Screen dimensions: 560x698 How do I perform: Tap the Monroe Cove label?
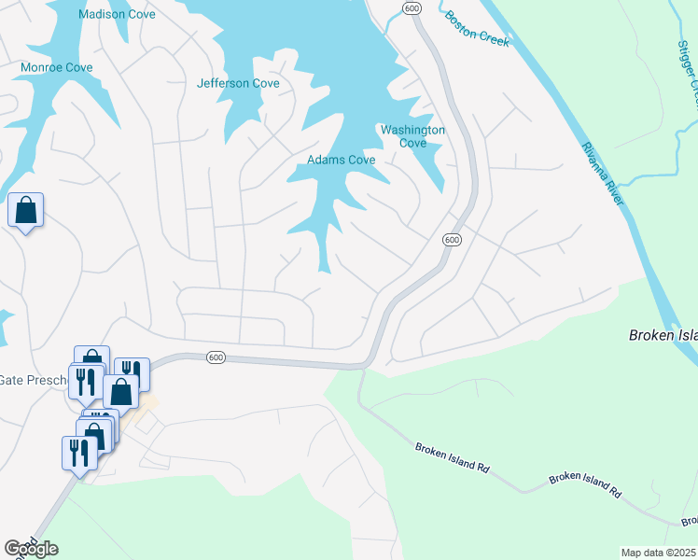click(57, 68)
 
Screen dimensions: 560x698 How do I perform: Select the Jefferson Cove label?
click(238, 83)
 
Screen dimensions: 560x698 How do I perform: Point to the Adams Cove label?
click(342, 161)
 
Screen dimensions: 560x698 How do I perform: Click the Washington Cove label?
click(412, 136)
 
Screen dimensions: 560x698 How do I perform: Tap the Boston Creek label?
click(477, 26)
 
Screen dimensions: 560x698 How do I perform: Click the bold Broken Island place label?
click(663, 335)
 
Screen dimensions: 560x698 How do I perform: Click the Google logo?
click(31, 549)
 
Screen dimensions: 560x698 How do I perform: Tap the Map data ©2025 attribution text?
click(659, 553)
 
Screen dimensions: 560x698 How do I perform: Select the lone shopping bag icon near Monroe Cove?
click(25, 211)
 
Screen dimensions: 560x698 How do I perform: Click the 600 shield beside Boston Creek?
click(412, 7)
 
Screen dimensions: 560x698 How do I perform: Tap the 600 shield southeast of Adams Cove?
click(452, 240)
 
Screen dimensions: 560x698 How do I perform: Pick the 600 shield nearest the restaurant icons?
click(216, 357)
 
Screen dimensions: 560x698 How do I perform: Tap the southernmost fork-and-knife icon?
click(77, 453)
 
